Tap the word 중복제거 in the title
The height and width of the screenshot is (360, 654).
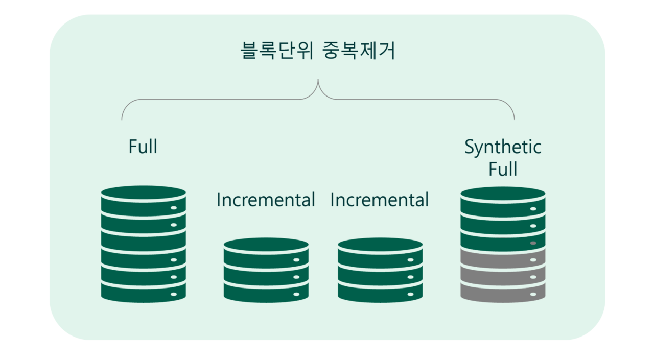(359, 51)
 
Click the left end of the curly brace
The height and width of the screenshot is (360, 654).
(122, 119)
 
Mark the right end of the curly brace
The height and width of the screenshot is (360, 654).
(514, 119)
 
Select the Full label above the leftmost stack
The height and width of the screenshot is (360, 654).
(143, 147)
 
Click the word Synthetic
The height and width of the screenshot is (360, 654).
(503, 147)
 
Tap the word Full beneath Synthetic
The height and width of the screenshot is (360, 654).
(503, 169)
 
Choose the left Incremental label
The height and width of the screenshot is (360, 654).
(266, 200)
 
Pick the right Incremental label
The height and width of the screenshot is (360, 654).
(379, 200)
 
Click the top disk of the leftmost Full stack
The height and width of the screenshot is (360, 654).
(144, 201)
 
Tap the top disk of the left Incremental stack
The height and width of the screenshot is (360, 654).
(266, 253)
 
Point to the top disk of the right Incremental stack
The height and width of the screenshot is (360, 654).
(380, 253)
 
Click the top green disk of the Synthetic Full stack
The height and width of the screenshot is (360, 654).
(503, 202)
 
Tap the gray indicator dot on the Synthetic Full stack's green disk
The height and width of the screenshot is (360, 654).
(533, 243)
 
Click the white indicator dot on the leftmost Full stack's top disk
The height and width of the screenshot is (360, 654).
(174, 208)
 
